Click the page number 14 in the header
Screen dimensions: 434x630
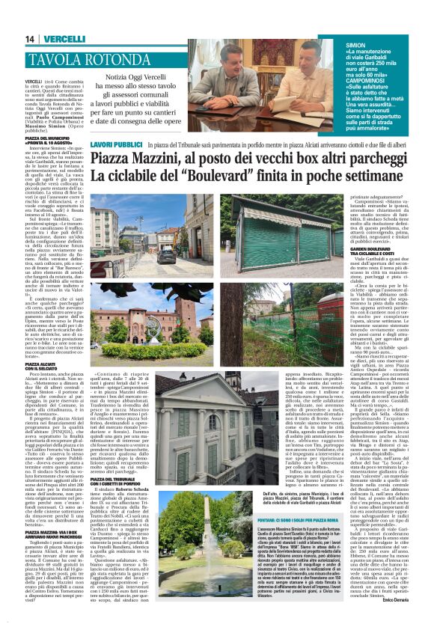click(30, 39)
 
